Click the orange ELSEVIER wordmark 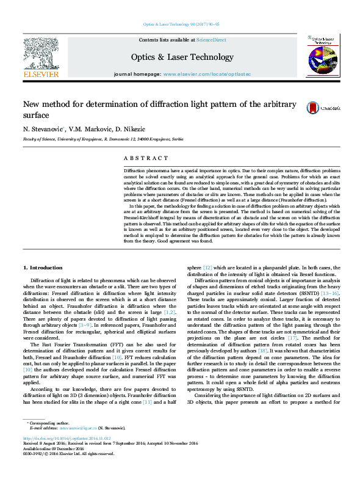[x=40, y=74]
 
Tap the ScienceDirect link [x=212, y=40]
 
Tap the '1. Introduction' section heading [x=42, y=268]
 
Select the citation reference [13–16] [x=330, y=293]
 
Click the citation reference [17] [x=292, y=338]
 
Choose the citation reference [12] [x=208, y=268]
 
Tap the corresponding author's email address [x=74, y=445]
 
